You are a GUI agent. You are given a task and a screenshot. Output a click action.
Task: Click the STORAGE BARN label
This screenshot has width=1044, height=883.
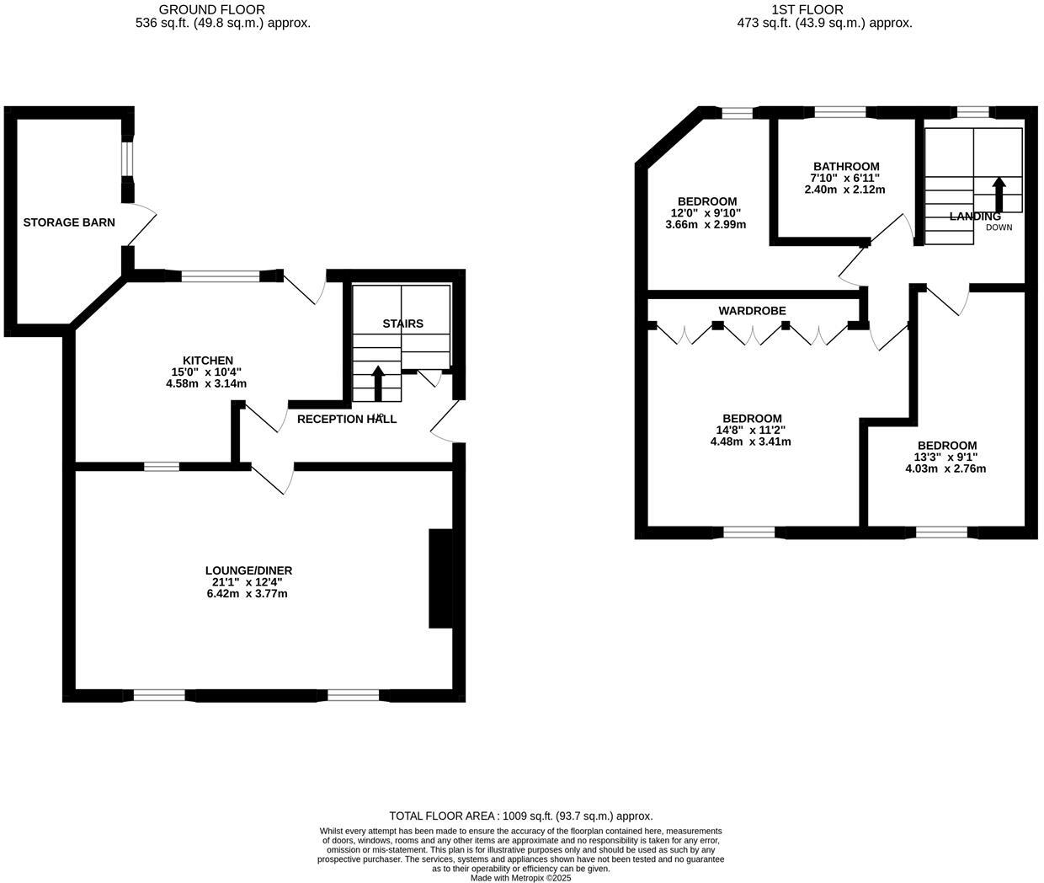(x=69, y=222)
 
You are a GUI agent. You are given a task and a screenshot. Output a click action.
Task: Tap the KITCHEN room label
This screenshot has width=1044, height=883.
(x=208, y=360)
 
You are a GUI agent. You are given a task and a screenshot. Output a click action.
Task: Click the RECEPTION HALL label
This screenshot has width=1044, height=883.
(x=346, y=419)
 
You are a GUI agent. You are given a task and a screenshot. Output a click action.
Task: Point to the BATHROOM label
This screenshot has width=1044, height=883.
(x=846, y=167)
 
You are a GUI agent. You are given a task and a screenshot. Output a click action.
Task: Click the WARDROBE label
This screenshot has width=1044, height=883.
(x=752, y=311)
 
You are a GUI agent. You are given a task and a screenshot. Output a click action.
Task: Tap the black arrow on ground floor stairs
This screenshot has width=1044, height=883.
(x=377, y=383)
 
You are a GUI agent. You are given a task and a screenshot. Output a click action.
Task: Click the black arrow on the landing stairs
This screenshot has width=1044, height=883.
(x=999, y=195)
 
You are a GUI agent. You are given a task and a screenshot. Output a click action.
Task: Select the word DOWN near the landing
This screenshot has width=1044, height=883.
(x=999, y=227)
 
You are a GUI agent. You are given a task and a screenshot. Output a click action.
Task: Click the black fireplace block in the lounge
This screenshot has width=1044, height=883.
(x=440, y=578)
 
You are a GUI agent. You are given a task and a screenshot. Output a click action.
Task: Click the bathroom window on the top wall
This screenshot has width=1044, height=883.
(x=840, y=112)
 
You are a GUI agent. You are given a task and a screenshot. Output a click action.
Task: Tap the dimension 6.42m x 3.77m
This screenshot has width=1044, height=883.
(x=249, y=593)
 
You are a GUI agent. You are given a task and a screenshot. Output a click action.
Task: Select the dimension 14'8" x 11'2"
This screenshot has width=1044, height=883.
(x=751, y=430)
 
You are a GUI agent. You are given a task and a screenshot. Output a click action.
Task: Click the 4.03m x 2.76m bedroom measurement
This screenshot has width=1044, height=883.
(x=945, y=468)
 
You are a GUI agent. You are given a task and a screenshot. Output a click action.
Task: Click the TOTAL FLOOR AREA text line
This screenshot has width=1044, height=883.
(x=520, y=816)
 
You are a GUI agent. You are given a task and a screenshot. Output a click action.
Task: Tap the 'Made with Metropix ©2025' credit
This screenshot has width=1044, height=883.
(x=520, y=877)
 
